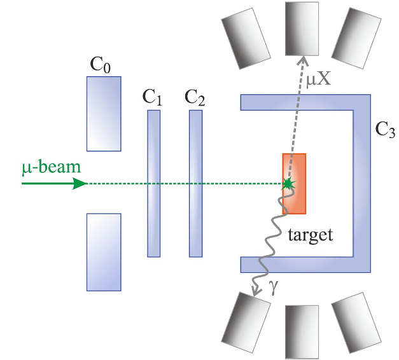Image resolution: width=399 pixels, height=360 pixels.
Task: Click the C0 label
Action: [x=102, y=66]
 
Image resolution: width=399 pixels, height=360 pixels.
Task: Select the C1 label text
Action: [x=152, y=99]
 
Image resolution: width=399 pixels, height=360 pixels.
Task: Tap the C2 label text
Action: [x=195, y=99]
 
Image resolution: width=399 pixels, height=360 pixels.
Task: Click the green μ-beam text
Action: [x=51, y=168]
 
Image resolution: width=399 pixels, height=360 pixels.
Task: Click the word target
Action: [x=310, y=235]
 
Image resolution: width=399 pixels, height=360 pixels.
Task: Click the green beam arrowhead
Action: [x=79, y=183]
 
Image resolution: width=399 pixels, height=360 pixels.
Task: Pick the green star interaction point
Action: [x=289, y=183]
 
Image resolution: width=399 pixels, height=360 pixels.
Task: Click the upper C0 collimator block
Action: [x=103, y=113]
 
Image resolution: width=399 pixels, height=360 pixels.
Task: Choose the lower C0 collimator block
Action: [x=103, y=251]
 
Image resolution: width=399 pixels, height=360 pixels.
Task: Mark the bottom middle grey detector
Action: [x=302, y=331]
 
